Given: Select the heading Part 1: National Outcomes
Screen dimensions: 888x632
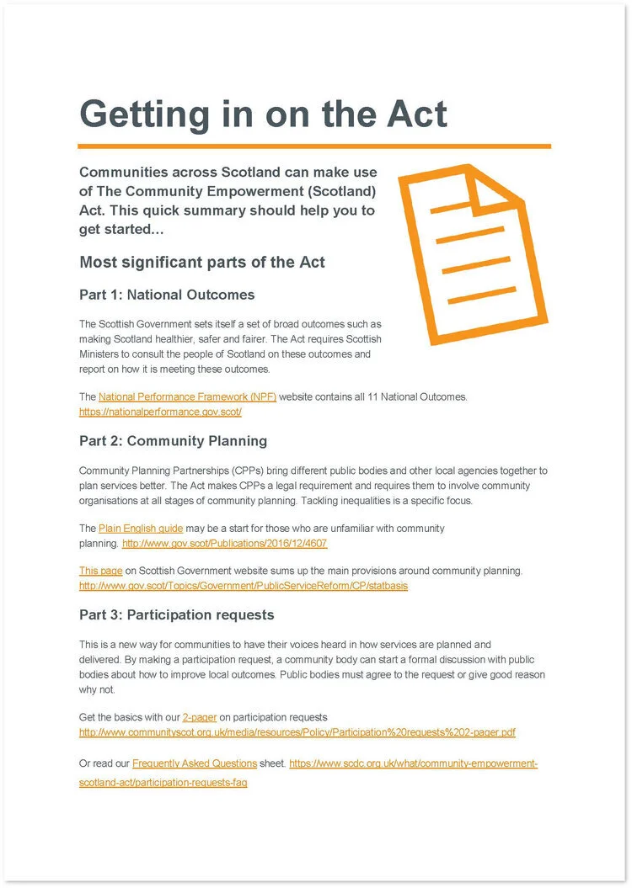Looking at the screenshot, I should pos(167,295).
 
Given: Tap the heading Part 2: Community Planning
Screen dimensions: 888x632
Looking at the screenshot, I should pos(173,440).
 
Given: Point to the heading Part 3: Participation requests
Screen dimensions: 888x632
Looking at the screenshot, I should pos(176,614).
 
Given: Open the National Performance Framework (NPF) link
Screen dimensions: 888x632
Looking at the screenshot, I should pos(187,396).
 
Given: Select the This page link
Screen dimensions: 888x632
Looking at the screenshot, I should pos(100,571).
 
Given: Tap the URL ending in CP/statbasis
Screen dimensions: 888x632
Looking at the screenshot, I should pos(243,586).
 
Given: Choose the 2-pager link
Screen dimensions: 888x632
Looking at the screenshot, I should pos(200,717).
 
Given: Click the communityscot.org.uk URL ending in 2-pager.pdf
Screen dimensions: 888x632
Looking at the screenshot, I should pos(297,732).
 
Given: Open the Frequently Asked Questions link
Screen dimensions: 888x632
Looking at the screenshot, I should pos(195,763).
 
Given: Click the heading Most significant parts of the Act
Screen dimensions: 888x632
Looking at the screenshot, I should pos(202,262).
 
